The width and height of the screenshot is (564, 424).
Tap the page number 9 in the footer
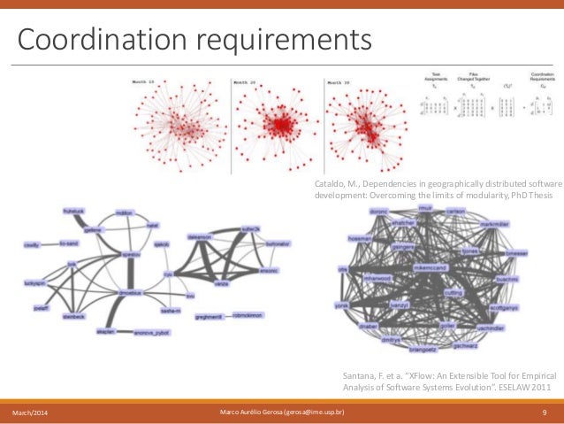coord(543,413)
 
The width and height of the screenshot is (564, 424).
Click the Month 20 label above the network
coord(248,82)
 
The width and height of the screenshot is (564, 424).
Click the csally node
coord(30,244)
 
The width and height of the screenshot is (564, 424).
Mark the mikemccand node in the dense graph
coord(424,265)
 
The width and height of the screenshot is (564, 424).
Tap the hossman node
coord(360,238)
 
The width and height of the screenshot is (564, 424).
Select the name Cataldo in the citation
coord(331,181)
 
